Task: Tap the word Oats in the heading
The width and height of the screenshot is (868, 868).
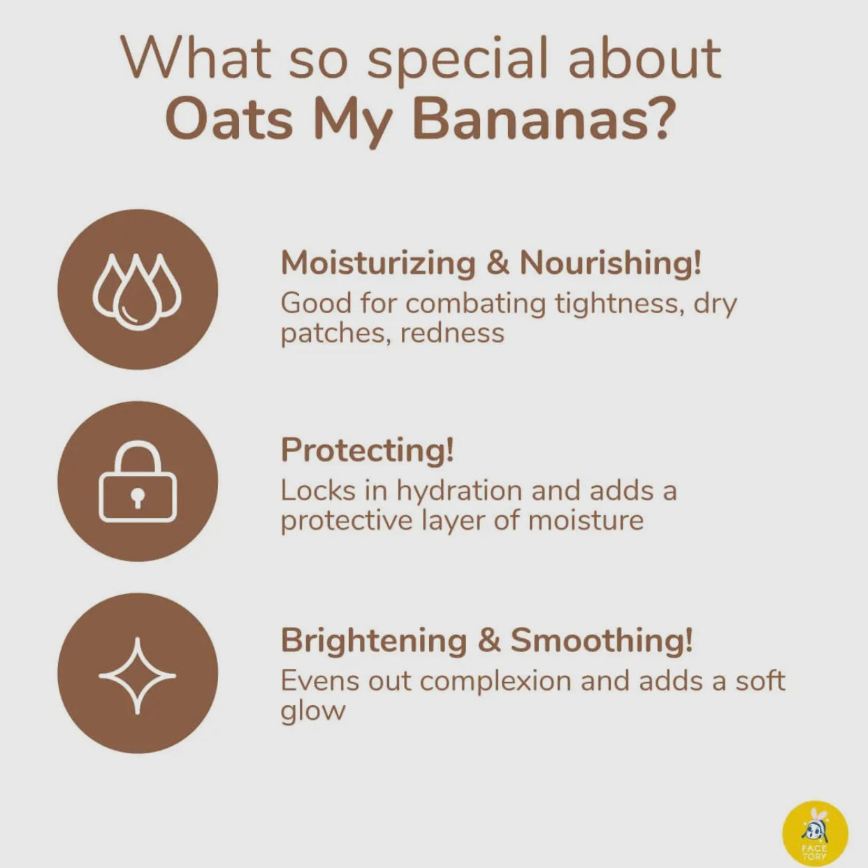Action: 230,120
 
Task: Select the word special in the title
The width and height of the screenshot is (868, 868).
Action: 458,61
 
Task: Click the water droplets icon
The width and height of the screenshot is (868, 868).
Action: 138,291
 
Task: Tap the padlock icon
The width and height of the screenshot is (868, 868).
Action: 138,481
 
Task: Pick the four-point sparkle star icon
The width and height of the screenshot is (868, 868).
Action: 138,676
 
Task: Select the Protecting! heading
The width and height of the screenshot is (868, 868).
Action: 367,450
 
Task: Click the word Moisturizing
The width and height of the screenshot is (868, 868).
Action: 378,263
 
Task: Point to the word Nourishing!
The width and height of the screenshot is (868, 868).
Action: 610,263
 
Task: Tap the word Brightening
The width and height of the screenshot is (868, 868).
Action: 374,640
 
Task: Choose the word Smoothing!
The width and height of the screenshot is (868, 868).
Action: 601,640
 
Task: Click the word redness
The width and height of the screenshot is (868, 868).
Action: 451,334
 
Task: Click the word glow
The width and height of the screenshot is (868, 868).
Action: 313,711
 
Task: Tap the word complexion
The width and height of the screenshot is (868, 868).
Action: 495,681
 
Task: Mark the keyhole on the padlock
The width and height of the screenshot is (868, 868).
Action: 138,498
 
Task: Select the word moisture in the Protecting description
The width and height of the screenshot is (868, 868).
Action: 586,521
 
